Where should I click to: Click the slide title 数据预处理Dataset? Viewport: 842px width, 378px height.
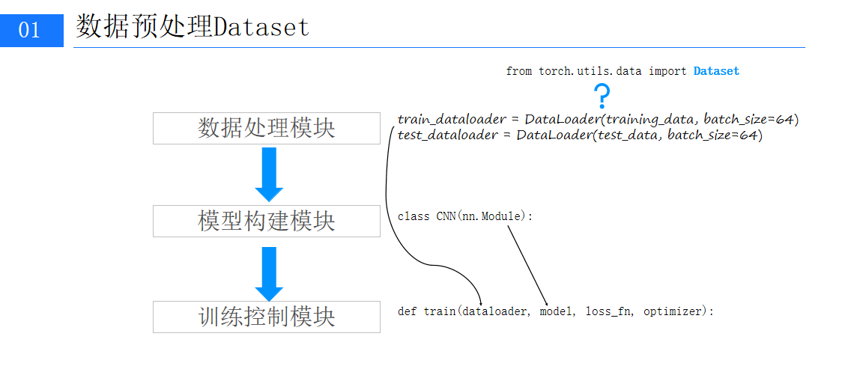[x=192, y=28]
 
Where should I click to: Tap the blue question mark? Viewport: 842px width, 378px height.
[x=602, y=97]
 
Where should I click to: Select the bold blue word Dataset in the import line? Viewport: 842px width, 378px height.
[x=716, y=71]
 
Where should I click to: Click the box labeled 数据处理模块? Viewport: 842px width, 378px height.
[x=266, y=128]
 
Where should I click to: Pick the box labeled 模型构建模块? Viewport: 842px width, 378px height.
[x=266, y=221]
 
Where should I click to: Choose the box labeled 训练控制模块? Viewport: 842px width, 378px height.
[x=266, y=317]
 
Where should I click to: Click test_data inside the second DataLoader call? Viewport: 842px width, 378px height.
[x=626, y=135]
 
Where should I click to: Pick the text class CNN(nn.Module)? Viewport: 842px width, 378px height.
[x=464, y=216]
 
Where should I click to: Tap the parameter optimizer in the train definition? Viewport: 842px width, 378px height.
[x=673, y=311]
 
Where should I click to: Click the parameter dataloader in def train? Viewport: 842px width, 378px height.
[x=494, y=311]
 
